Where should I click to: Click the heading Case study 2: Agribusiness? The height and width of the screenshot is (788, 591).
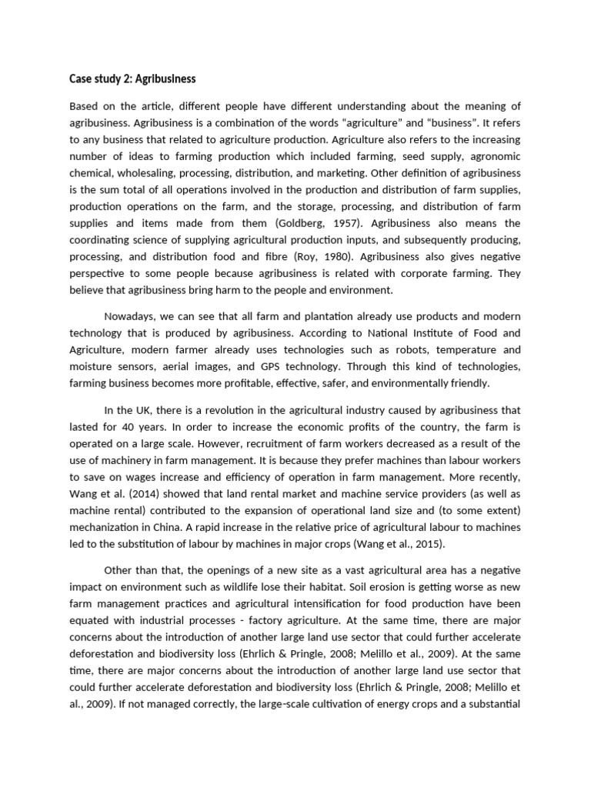[132, 78]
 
